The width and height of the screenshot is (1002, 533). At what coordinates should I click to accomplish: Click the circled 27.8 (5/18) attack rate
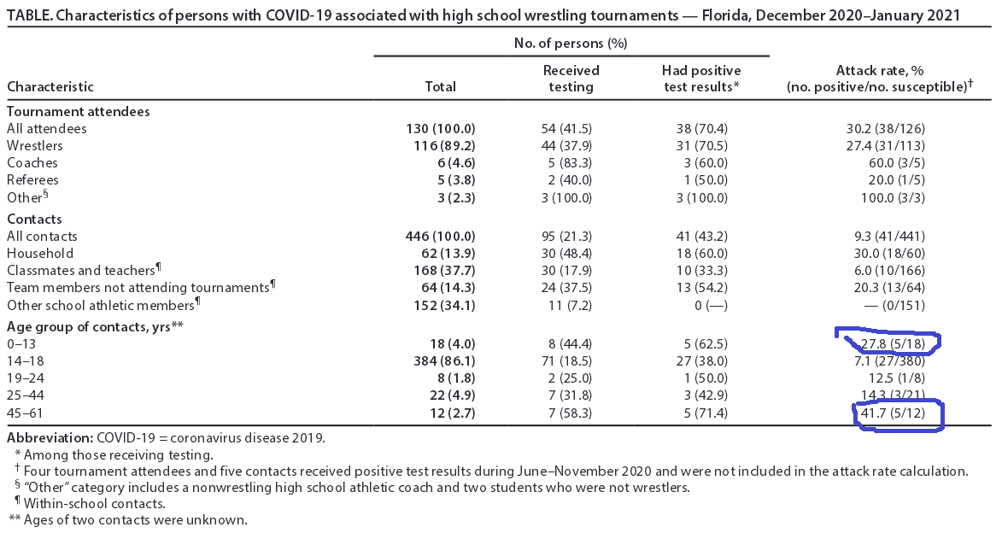[888, 343]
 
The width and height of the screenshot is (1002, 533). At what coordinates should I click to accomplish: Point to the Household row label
[40, 254]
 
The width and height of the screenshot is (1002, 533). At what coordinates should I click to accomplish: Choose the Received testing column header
[571, 78]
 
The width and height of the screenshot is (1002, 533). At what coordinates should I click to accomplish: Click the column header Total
[440, 86]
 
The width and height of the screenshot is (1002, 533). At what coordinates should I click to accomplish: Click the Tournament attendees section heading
[79, 112]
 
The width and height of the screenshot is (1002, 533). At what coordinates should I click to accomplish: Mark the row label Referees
[32, 180]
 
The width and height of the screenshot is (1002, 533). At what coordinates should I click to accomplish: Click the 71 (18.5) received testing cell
[571, 361]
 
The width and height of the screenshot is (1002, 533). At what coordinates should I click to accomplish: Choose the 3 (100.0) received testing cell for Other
[571, 197]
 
